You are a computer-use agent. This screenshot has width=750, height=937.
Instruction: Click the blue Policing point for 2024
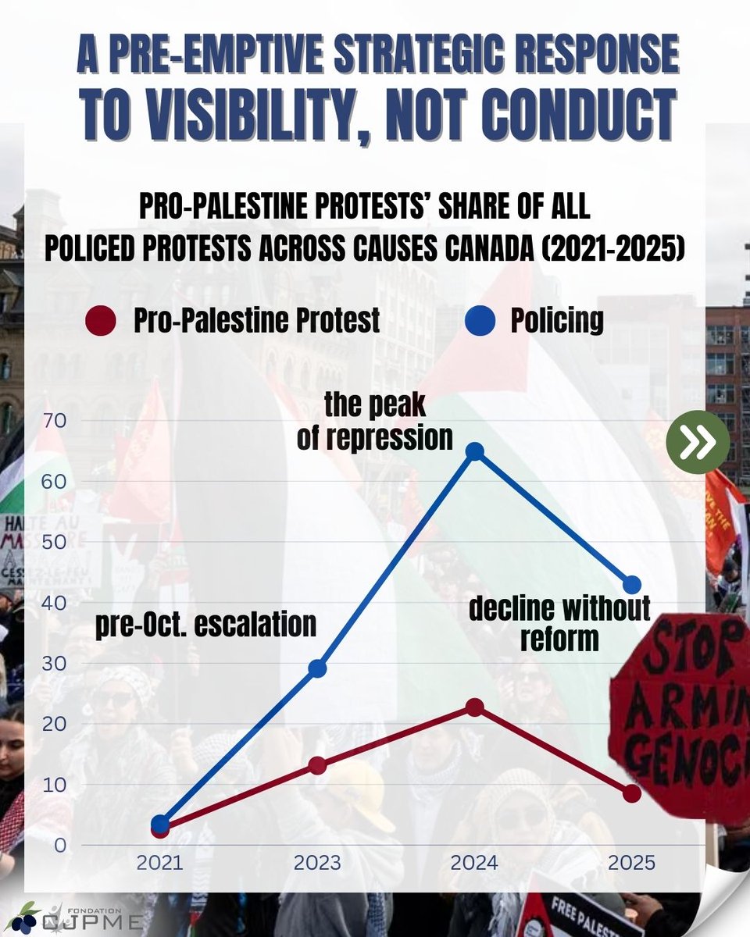(473, 451)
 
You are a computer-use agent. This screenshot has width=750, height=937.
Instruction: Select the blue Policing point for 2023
(317, 668)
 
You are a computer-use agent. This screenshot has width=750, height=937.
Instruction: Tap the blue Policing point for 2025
(631, 585)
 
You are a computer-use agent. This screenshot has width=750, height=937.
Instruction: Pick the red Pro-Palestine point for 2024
(473, 707)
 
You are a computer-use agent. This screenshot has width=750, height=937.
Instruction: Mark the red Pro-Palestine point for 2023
(317, 765)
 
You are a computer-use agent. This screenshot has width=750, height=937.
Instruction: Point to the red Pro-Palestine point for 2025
(631, 793)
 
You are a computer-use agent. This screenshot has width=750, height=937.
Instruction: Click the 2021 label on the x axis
(160, 864)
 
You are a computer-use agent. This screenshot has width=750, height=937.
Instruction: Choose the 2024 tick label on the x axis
(473, 864)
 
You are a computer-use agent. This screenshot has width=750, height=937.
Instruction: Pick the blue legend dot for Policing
(481, 321)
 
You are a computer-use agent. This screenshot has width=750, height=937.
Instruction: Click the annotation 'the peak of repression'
(375, 422)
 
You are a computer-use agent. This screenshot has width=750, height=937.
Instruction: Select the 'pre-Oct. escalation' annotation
(206, 625)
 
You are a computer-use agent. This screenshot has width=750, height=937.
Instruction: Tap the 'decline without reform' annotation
(559, 623)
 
